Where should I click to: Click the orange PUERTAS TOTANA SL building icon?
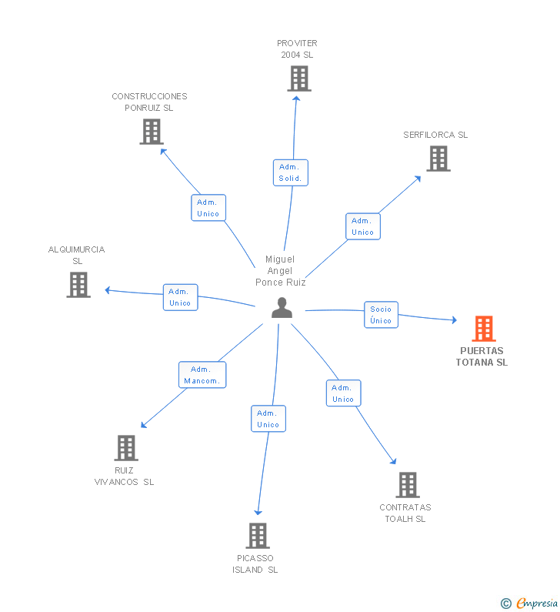click(484, 329)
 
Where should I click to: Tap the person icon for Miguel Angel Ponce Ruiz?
click(282, 308)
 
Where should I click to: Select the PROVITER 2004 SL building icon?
click(299, 79)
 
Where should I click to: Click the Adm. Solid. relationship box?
click(291, 172)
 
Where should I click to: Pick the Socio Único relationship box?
click(381, 315)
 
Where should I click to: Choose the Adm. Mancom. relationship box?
click(202, 375)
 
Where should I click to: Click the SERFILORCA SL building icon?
click(438, 159)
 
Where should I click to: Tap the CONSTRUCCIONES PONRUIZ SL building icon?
click(152, 132)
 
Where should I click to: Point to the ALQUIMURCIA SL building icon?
click(78, 285)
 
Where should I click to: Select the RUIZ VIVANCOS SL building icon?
click(126, 448)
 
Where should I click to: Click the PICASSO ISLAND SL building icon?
click(258, 536)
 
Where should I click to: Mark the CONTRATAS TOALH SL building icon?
click(408, 485)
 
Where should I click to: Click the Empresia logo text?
click(537, 603)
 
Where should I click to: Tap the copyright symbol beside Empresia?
click(506, 604)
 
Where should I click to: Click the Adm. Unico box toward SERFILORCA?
click(363, 226)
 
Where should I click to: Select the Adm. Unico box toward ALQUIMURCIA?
click(181, 297)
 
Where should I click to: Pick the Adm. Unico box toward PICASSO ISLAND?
click(268, 419)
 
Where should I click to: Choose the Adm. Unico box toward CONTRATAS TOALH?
click(344, 393)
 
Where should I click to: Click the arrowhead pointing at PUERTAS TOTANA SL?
click(455, 320)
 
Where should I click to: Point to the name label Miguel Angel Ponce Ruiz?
click(281, 270)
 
